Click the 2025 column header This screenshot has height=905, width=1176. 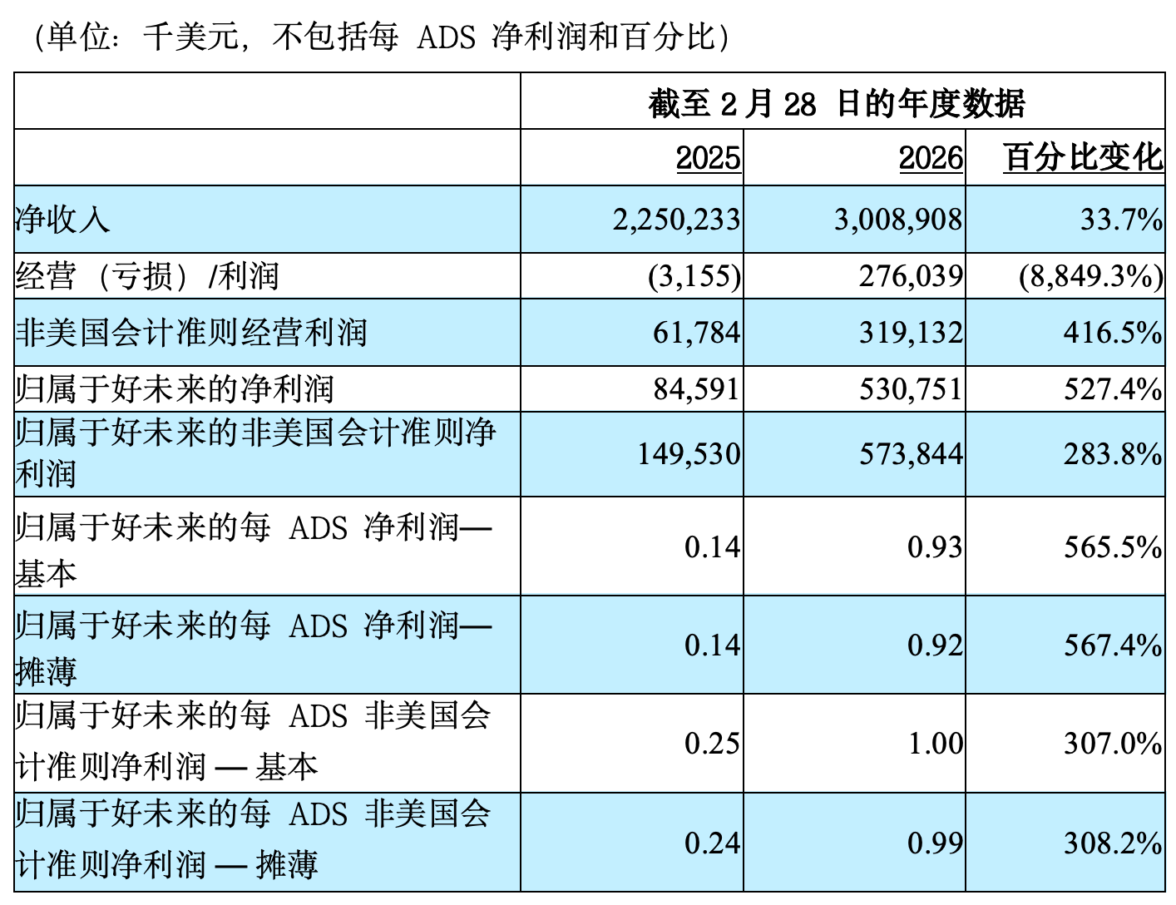(708, 157)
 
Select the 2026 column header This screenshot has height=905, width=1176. (931, 157)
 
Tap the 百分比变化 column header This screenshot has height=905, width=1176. (1083, 157)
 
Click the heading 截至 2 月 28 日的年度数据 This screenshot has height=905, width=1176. (837, 103)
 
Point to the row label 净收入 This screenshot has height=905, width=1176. (62, 220)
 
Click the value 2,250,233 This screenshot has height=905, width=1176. (676, 220)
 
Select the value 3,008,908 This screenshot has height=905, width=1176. (898, 220)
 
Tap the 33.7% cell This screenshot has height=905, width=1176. (1121, 220)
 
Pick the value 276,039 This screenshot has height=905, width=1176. (911, 276)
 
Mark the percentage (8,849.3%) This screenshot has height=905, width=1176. (1090, 276)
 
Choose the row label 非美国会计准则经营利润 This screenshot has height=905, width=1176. (191, 333)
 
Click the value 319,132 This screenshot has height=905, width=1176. (911, 333)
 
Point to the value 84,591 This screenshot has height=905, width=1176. (696, 388)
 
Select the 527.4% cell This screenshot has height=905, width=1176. (1113, 388)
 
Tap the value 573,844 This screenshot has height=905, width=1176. (911, 454)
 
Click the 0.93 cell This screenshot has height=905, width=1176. (935, 546)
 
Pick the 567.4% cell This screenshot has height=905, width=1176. (1113, 645)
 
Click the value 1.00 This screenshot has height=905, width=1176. (935, 743)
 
